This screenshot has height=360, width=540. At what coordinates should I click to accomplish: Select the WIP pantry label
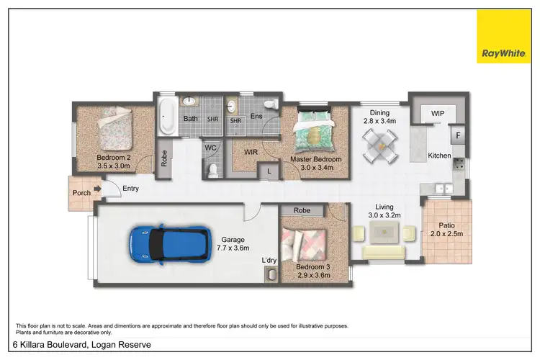click(x=437, y=114)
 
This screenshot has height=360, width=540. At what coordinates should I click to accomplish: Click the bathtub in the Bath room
click(x=167, y=118)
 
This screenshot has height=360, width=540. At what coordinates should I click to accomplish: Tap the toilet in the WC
click(x=212, y=169)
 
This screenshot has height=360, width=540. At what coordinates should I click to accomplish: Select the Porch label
click(x=81, y=193)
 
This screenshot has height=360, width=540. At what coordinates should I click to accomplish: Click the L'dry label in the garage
click(x=269, y=260)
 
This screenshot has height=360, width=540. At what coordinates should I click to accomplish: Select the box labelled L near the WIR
click(x=269, y=171)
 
